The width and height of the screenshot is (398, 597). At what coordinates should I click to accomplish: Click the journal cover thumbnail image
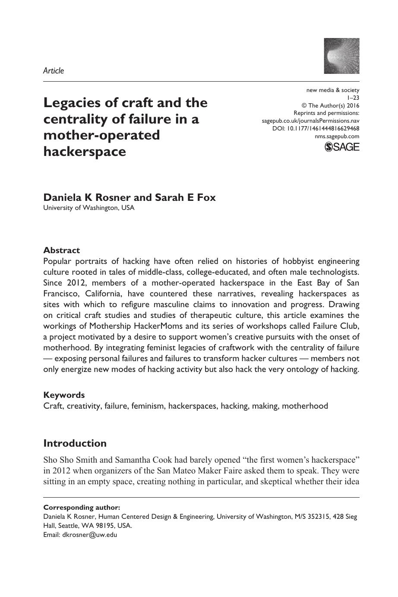[341, 56]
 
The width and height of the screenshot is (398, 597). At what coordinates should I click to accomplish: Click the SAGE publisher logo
[341, 147]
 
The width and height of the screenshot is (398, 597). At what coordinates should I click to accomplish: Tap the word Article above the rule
[54, 71]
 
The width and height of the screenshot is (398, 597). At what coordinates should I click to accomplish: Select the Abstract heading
[62, 250]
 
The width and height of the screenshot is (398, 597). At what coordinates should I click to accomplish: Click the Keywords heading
[64, 395]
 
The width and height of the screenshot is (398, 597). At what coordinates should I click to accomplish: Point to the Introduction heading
[75, 443]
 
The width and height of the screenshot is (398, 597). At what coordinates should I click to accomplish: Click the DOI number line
[316, 128]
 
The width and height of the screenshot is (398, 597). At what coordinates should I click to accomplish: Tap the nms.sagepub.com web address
[337, 136]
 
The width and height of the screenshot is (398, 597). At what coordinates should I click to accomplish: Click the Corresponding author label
[82, 508]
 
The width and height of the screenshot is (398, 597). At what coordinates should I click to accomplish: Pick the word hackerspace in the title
[85, 152]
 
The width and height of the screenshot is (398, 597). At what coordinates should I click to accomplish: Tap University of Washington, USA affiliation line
[89, 208]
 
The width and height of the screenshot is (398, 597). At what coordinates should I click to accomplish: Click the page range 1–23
[353, 98]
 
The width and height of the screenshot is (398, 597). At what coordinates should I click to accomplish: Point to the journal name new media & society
[332, 90]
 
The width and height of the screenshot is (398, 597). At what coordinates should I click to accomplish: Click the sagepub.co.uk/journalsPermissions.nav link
[310, 121]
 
